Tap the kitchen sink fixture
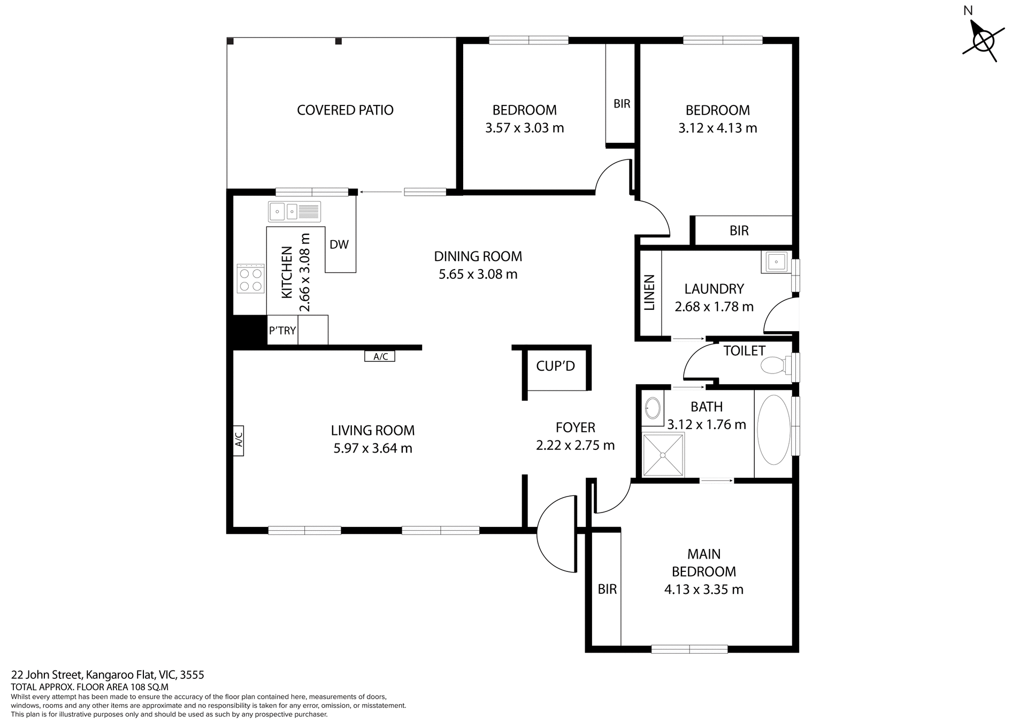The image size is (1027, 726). [294, 212]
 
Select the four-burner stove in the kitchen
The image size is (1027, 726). [251, 279]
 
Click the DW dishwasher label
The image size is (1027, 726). [339, 245]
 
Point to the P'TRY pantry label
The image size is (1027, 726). [282, 331]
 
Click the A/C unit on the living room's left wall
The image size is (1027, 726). [239, 440]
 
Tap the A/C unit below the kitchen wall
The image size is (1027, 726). [380, 356]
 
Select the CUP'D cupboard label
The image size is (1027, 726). [555, 366]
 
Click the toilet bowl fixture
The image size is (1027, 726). [773, 366]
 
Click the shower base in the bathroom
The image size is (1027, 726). [663, 455]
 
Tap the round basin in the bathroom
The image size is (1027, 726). [652, 409]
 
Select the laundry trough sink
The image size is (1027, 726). [776, 262]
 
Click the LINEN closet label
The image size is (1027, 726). [649, 293]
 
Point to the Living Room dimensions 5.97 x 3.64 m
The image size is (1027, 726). [373, 448]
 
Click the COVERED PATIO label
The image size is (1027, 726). [345, 110]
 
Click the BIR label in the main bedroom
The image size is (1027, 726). [607, 589]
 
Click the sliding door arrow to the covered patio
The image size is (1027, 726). [381, 192]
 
